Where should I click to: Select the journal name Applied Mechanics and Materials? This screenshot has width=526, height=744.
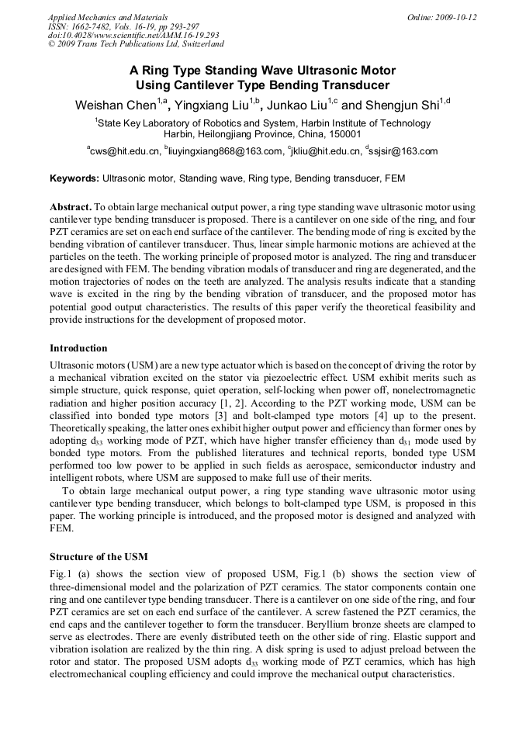click(108, 17)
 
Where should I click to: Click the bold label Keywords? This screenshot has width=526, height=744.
click(74, 178)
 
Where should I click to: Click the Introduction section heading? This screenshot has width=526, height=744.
click(78, 348)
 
